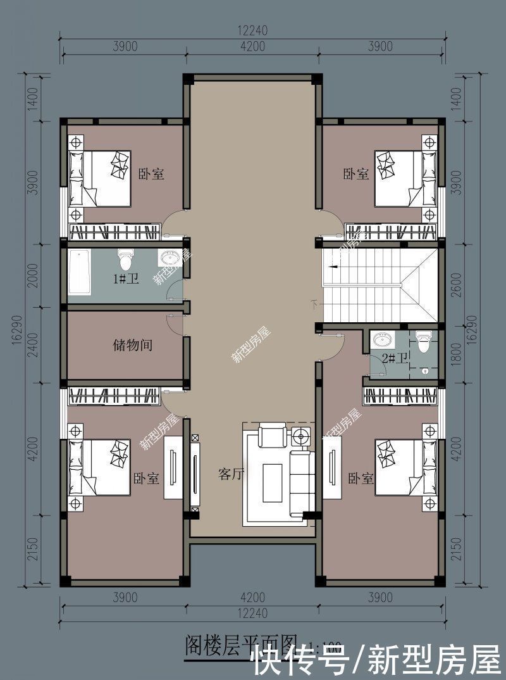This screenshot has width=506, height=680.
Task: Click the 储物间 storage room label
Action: pyautogui.click(x=133, y=346)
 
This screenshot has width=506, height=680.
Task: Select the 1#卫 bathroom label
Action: pyautogui.click(x=126, y=279)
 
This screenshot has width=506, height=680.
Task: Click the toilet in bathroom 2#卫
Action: pyautogui.click(x=423, y=343)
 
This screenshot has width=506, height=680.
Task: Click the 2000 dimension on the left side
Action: pyautogui.click(x=34, y=275)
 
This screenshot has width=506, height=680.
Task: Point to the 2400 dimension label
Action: pyautogui.click(x=34, y=345)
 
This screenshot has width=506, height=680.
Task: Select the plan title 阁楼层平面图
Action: pyautogui.click(x=240, y=646)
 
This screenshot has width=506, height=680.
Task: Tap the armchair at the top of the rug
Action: pyautogui.click(x=273, y=436)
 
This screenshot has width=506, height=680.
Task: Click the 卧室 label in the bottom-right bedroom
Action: pyautogui.click(x=358, y=478)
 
